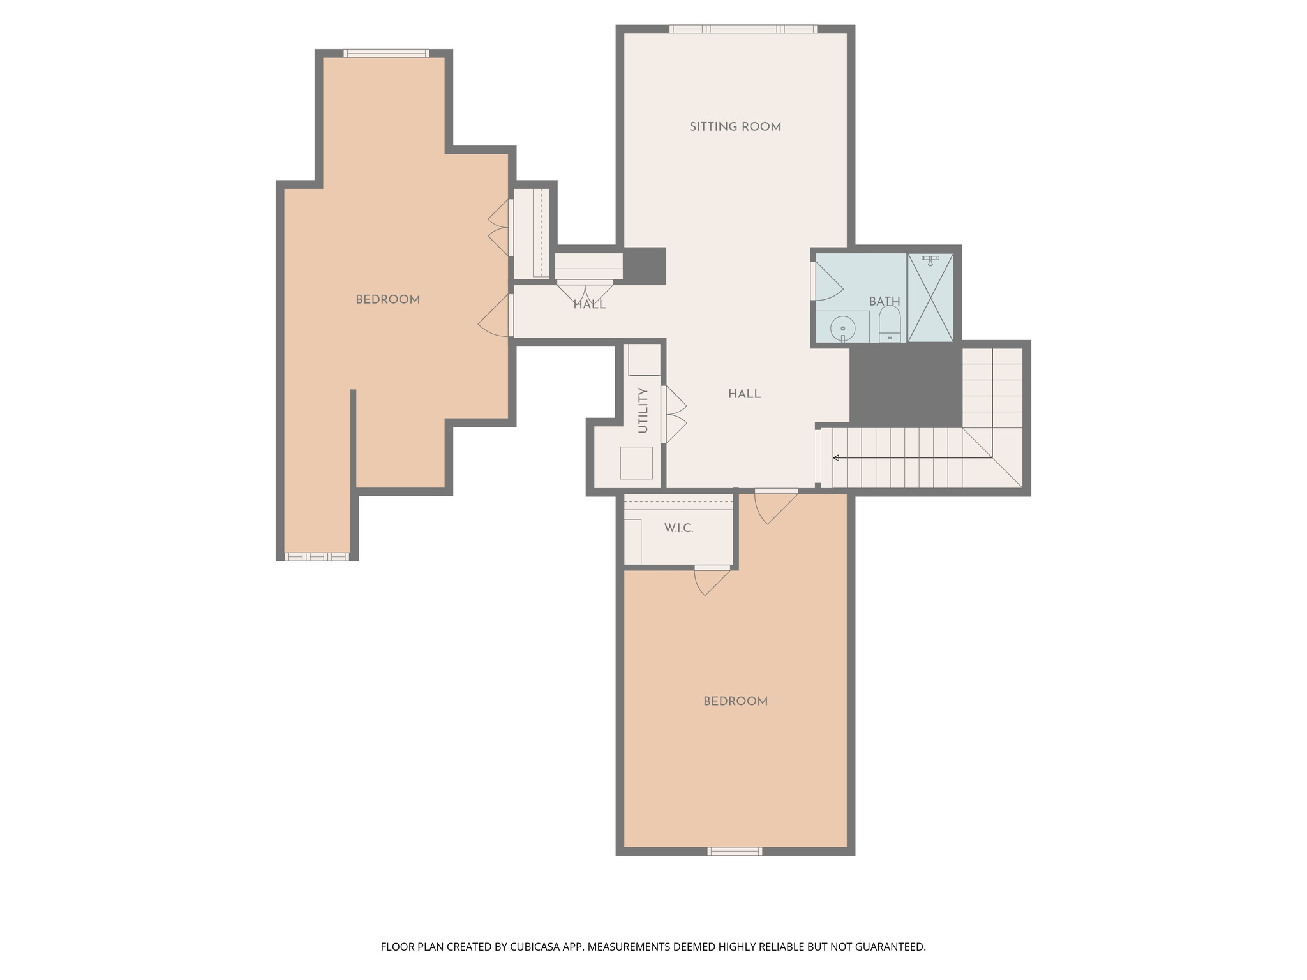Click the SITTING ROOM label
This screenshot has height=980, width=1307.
tap(735, 127)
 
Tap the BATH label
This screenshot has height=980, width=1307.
tap(885, 301)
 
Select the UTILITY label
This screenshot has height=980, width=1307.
tap(643, 410)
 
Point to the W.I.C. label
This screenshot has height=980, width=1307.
tap(678, 528)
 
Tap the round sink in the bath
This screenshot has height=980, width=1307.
tap(842, 329)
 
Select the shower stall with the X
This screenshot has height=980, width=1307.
tap(930, 298)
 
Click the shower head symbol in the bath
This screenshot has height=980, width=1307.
tap(930, 260)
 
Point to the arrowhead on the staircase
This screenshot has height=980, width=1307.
tap(836, 457)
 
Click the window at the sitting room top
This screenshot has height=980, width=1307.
tap(743, 29)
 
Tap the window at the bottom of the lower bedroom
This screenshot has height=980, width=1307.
tap(735, 851)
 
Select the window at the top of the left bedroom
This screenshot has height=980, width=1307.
tap(386, 54)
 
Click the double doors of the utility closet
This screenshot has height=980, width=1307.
tap(673, 414)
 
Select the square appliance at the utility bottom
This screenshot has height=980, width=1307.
tap(636, 463)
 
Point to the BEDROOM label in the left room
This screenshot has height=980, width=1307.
tap(387, 300)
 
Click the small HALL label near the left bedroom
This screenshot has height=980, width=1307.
tap(589, 305)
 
